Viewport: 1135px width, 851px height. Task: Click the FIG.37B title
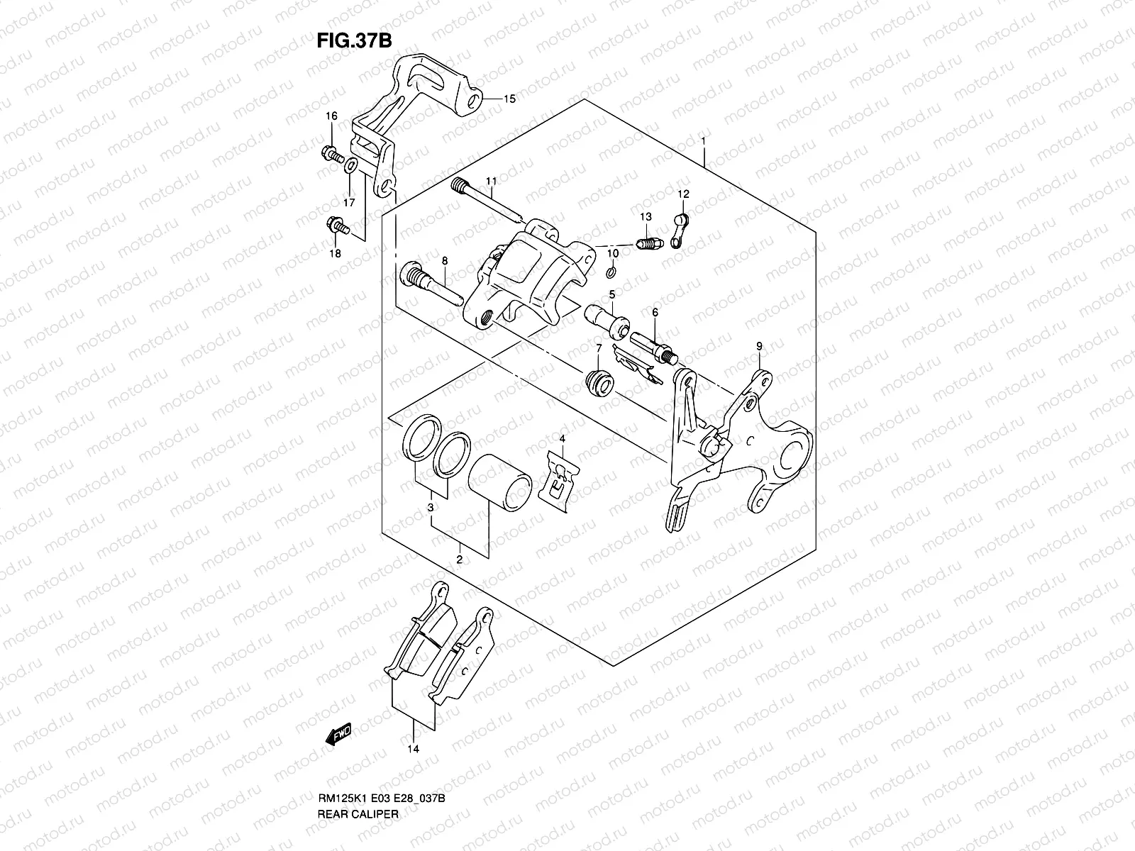(354, 41)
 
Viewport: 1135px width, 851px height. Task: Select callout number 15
(509, 99)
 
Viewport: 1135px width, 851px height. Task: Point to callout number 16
(331, 116)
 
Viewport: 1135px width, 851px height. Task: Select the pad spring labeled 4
(563, 478)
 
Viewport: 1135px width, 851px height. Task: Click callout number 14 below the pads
(414, 767)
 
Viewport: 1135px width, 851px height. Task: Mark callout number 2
(459, 560)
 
